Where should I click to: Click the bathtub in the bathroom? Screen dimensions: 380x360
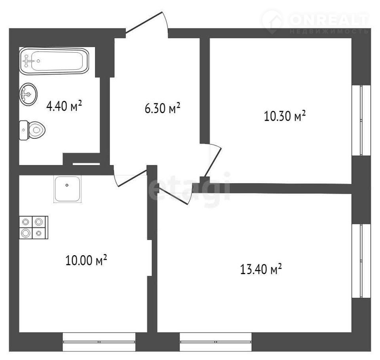[x=54, y=61]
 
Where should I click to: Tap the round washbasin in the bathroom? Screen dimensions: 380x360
[x=28, y=94]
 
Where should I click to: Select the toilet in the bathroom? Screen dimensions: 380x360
[x=32, y=130]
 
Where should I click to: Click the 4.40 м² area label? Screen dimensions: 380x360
[x=64, y=106]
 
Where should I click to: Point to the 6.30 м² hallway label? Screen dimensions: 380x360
[x=162, y=108]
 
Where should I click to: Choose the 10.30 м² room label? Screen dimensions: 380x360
[x=285, y=116]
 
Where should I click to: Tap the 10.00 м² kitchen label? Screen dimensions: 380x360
[x=86, y=260]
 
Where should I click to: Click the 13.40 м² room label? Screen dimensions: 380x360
[x=261, y=269]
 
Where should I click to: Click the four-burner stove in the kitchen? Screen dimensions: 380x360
[x=34, y=227]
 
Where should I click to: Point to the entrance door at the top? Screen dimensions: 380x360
[x=147, y=24]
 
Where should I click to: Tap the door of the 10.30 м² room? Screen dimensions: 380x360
[x=211, y=160]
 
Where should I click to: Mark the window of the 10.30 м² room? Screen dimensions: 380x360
[x=361, y=120]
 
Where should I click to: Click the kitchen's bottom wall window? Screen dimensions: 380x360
[x=99, y=342]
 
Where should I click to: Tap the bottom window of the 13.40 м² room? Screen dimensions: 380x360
[x=215, y=342]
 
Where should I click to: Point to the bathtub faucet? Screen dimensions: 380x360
[x=28, y=61]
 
